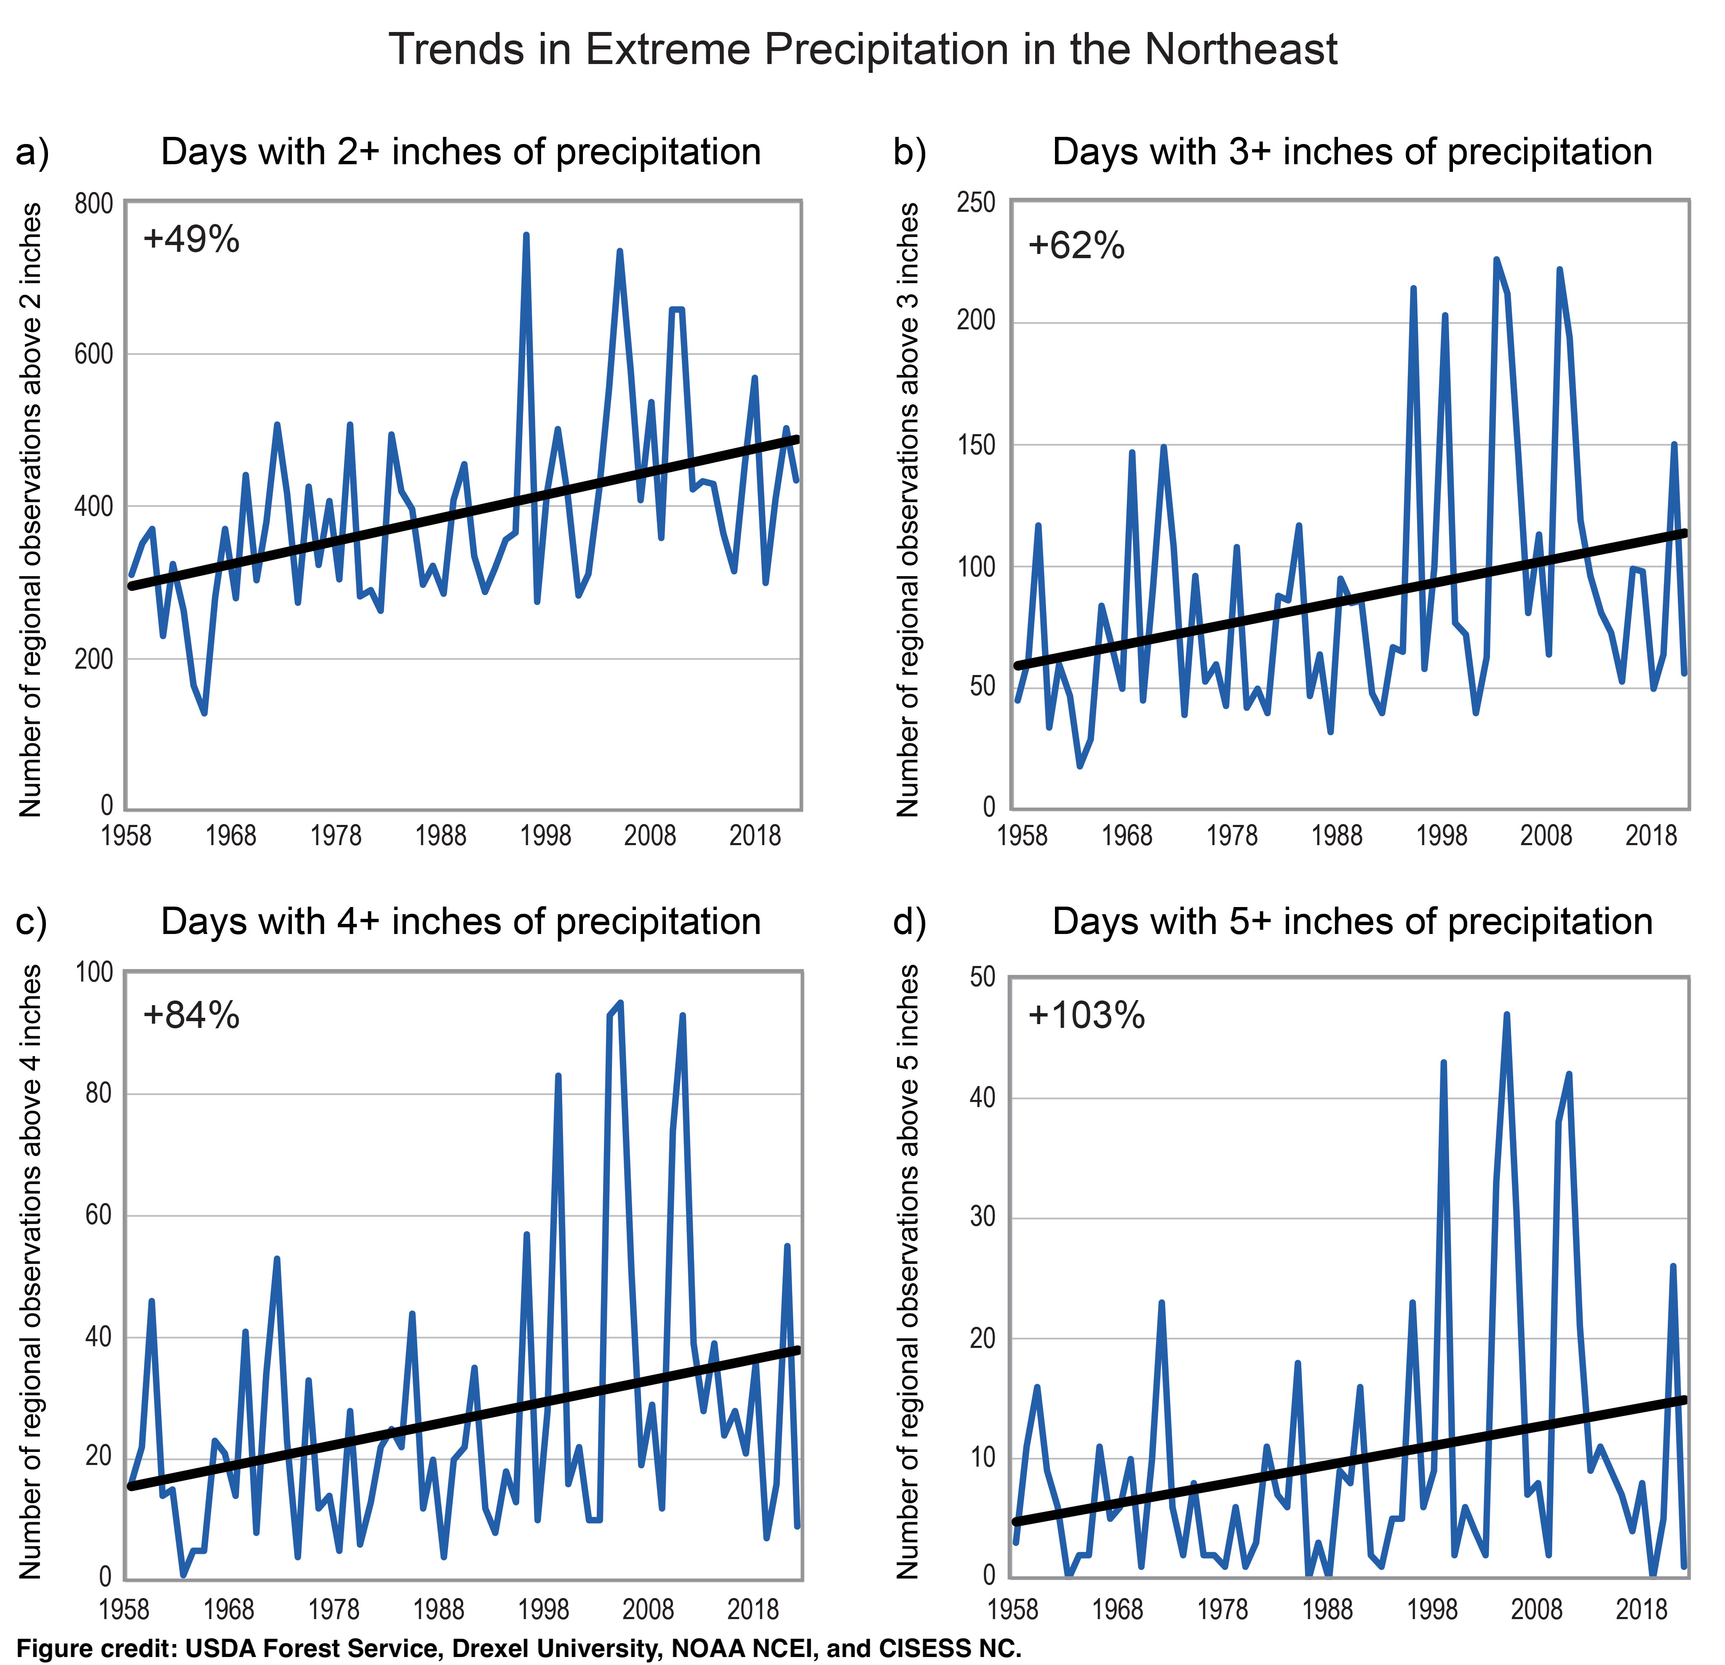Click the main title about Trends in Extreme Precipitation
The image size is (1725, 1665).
862,49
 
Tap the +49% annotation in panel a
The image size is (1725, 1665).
191,239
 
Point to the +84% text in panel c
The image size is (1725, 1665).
191,1016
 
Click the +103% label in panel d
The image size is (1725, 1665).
1086,1016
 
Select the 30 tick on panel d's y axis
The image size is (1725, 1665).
982,1218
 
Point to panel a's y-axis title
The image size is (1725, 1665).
32,510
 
